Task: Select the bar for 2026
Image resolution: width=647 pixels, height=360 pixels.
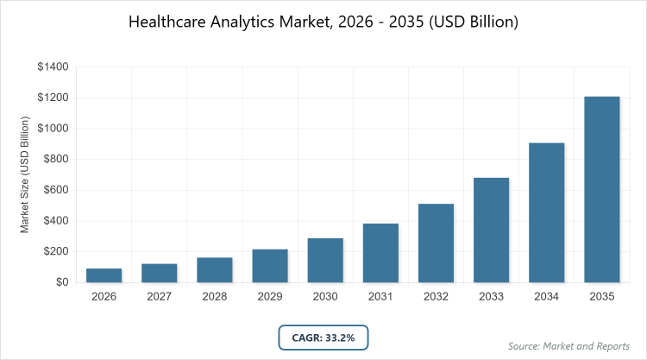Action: pyautogui.click(x=104, y=275)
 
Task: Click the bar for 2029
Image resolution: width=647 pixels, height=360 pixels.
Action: pyautogui.click(x=270, y=266)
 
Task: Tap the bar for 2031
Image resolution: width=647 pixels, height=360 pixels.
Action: pyautogui.click(x=380, y=253)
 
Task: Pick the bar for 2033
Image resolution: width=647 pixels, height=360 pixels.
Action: pyautogui.click(x=491, y=230)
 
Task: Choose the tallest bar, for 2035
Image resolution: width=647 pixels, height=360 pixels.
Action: pyautogui.click(x=602, y=189)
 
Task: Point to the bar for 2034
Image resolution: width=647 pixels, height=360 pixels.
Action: pyautogui.click(x=547, y=212)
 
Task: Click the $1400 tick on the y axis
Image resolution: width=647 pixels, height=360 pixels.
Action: pyautogui.click(x=52, y=66)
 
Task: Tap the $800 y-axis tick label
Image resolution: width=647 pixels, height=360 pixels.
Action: pyautogui.click(x=54, y=159)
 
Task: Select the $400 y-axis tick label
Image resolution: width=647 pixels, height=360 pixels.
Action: pyautogui.click(x=54, y=221)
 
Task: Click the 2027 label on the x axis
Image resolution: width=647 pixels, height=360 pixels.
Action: pyautogui.click(x=159, y=296)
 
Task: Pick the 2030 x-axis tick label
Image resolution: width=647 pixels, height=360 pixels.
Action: pyautogui.click(x=325, y=296)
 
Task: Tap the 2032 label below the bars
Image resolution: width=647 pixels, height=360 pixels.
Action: pyautogui.click(x=436, y=296)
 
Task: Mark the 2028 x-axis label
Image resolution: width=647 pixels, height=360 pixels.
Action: pyautogui.click(x=214, y=296)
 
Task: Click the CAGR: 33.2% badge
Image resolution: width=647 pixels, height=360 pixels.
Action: pyautogui.click(x=323, y=337)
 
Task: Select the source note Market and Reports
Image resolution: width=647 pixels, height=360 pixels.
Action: pyautogui.click(x=570, y=346)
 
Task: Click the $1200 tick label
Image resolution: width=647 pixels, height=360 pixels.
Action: pyautogui.click(x=52, y=98)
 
